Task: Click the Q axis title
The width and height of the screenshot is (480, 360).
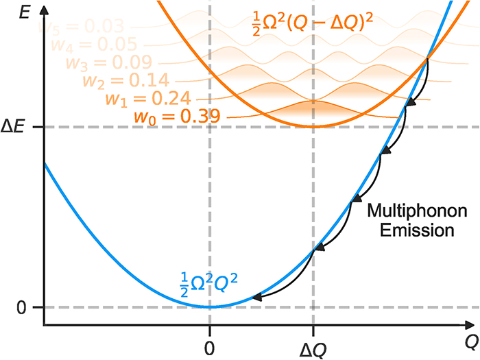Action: coord(470,338)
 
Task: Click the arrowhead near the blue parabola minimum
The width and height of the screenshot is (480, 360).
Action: coord(256,298)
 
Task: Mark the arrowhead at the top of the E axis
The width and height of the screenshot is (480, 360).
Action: coord(43,9)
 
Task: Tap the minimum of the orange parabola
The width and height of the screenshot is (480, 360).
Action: coord(313,127)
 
